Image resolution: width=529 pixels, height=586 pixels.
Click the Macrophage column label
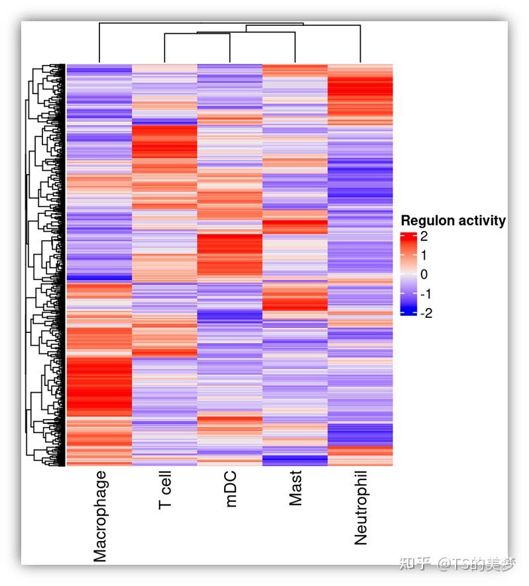tap(99, 516)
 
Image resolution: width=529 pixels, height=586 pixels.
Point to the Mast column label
tap(296, 489)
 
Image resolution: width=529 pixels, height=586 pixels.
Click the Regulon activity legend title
tap(453, 221)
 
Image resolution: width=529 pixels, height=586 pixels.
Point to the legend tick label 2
tap(424, 236)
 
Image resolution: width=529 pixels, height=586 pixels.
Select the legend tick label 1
tap(424, 255)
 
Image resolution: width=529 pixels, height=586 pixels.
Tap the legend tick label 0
tap(424, 274)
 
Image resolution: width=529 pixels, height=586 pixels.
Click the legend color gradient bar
tap(408, 274)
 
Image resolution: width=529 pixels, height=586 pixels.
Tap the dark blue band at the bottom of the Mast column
tap(295, 460)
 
